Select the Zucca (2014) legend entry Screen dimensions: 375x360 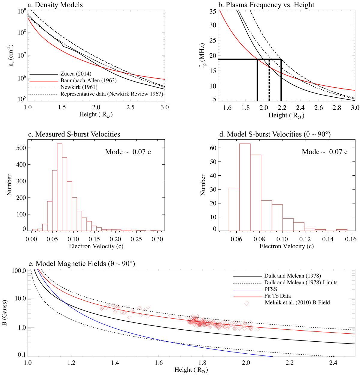(x=76, y=74)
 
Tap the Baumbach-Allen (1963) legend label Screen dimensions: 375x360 (x=88, y=80)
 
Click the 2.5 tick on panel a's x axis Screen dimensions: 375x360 (x=130, y=107)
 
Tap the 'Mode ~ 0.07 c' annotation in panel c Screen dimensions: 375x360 (x=128, y=152)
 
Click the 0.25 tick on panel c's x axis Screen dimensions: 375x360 (x=136, y=239)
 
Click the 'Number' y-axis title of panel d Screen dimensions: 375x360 (x=203, y=185)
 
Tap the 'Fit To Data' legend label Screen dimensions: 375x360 (x=277, y=296)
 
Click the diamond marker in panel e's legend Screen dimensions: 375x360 (x=247, y=303)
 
